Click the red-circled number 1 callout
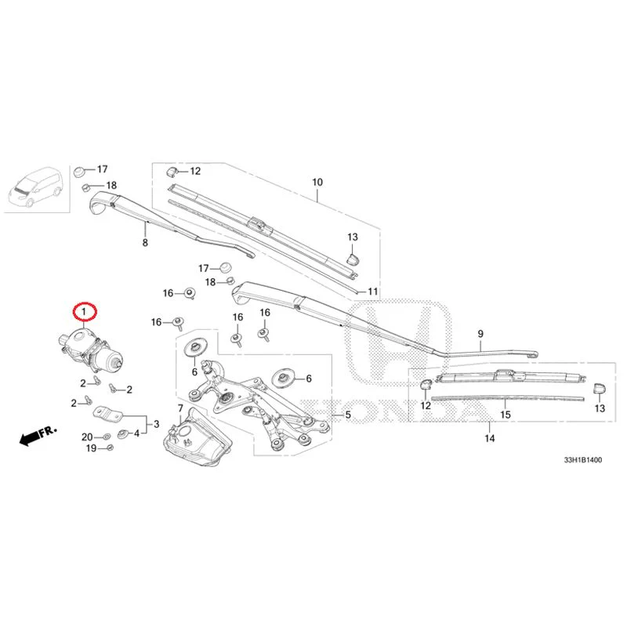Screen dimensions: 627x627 (84, 311)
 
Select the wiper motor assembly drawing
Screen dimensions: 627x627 (91, 349)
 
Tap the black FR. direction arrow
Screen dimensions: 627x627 (38, 435)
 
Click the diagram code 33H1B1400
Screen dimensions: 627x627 (582, 460)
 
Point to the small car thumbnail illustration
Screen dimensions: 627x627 (36, 188)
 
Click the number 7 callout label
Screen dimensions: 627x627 (180, 408)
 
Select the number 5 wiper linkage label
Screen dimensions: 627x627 (348, 415)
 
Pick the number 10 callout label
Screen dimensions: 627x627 (317, 183)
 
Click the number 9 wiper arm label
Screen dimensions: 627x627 (480, 334)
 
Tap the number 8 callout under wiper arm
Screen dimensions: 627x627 (145, 242)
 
